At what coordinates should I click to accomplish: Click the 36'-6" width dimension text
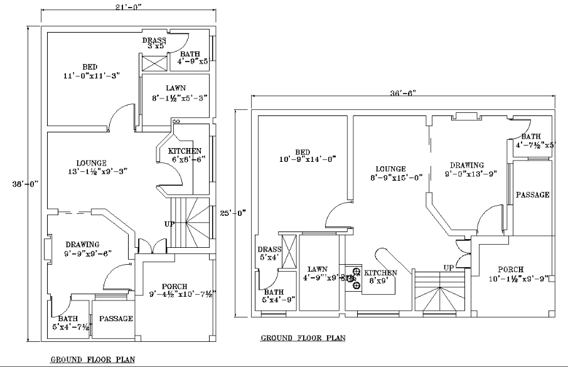(404, 92)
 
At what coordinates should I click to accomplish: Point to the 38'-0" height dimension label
(25, 184)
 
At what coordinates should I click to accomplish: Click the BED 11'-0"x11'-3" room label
(91, 71)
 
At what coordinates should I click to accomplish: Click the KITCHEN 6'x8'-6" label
(185, 156)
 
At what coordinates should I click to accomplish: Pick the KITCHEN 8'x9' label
(381, 277)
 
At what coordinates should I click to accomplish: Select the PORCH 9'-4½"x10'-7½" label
(178, 290)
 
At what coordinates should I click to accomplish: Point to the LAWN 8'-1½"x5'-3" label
(176, 93)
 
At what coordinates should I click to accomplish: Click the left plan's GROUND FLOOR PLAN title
(92, 360)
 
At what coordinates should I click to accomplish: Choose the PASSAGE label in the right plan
(533, 195)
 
